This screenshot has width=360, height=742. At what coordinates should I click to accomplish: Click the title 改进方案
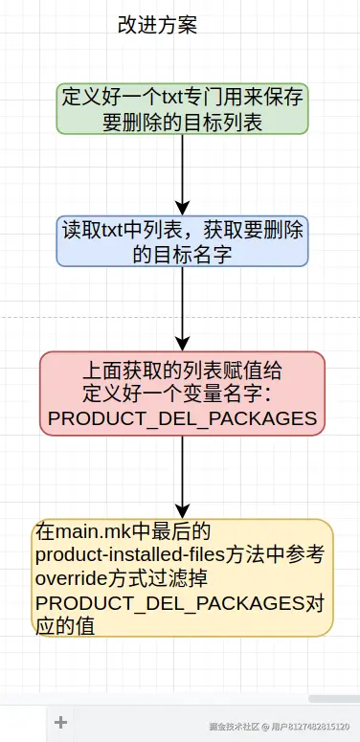157,26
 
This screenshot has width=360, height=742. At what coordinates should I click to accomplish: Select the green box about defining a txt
182,108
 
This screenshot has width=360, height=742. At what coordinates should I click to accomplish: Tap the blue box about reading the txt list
182,241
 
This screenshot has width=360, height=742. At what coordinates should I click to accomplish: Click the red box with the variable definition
182,393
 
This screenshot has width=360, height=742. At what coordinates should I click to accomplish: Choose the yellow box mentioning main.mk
182,577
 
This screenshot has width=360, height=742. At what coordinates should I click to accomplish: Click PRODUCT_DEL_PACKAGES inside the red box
182,418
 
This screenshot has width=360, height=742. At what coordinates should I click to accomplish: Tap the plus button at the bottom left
60,723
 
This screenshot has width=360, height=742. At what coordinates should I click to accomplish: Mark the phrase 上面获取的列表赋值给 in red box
182,371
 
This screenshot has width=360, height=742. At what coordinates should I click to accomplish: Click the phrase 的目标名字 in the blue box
182,254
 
